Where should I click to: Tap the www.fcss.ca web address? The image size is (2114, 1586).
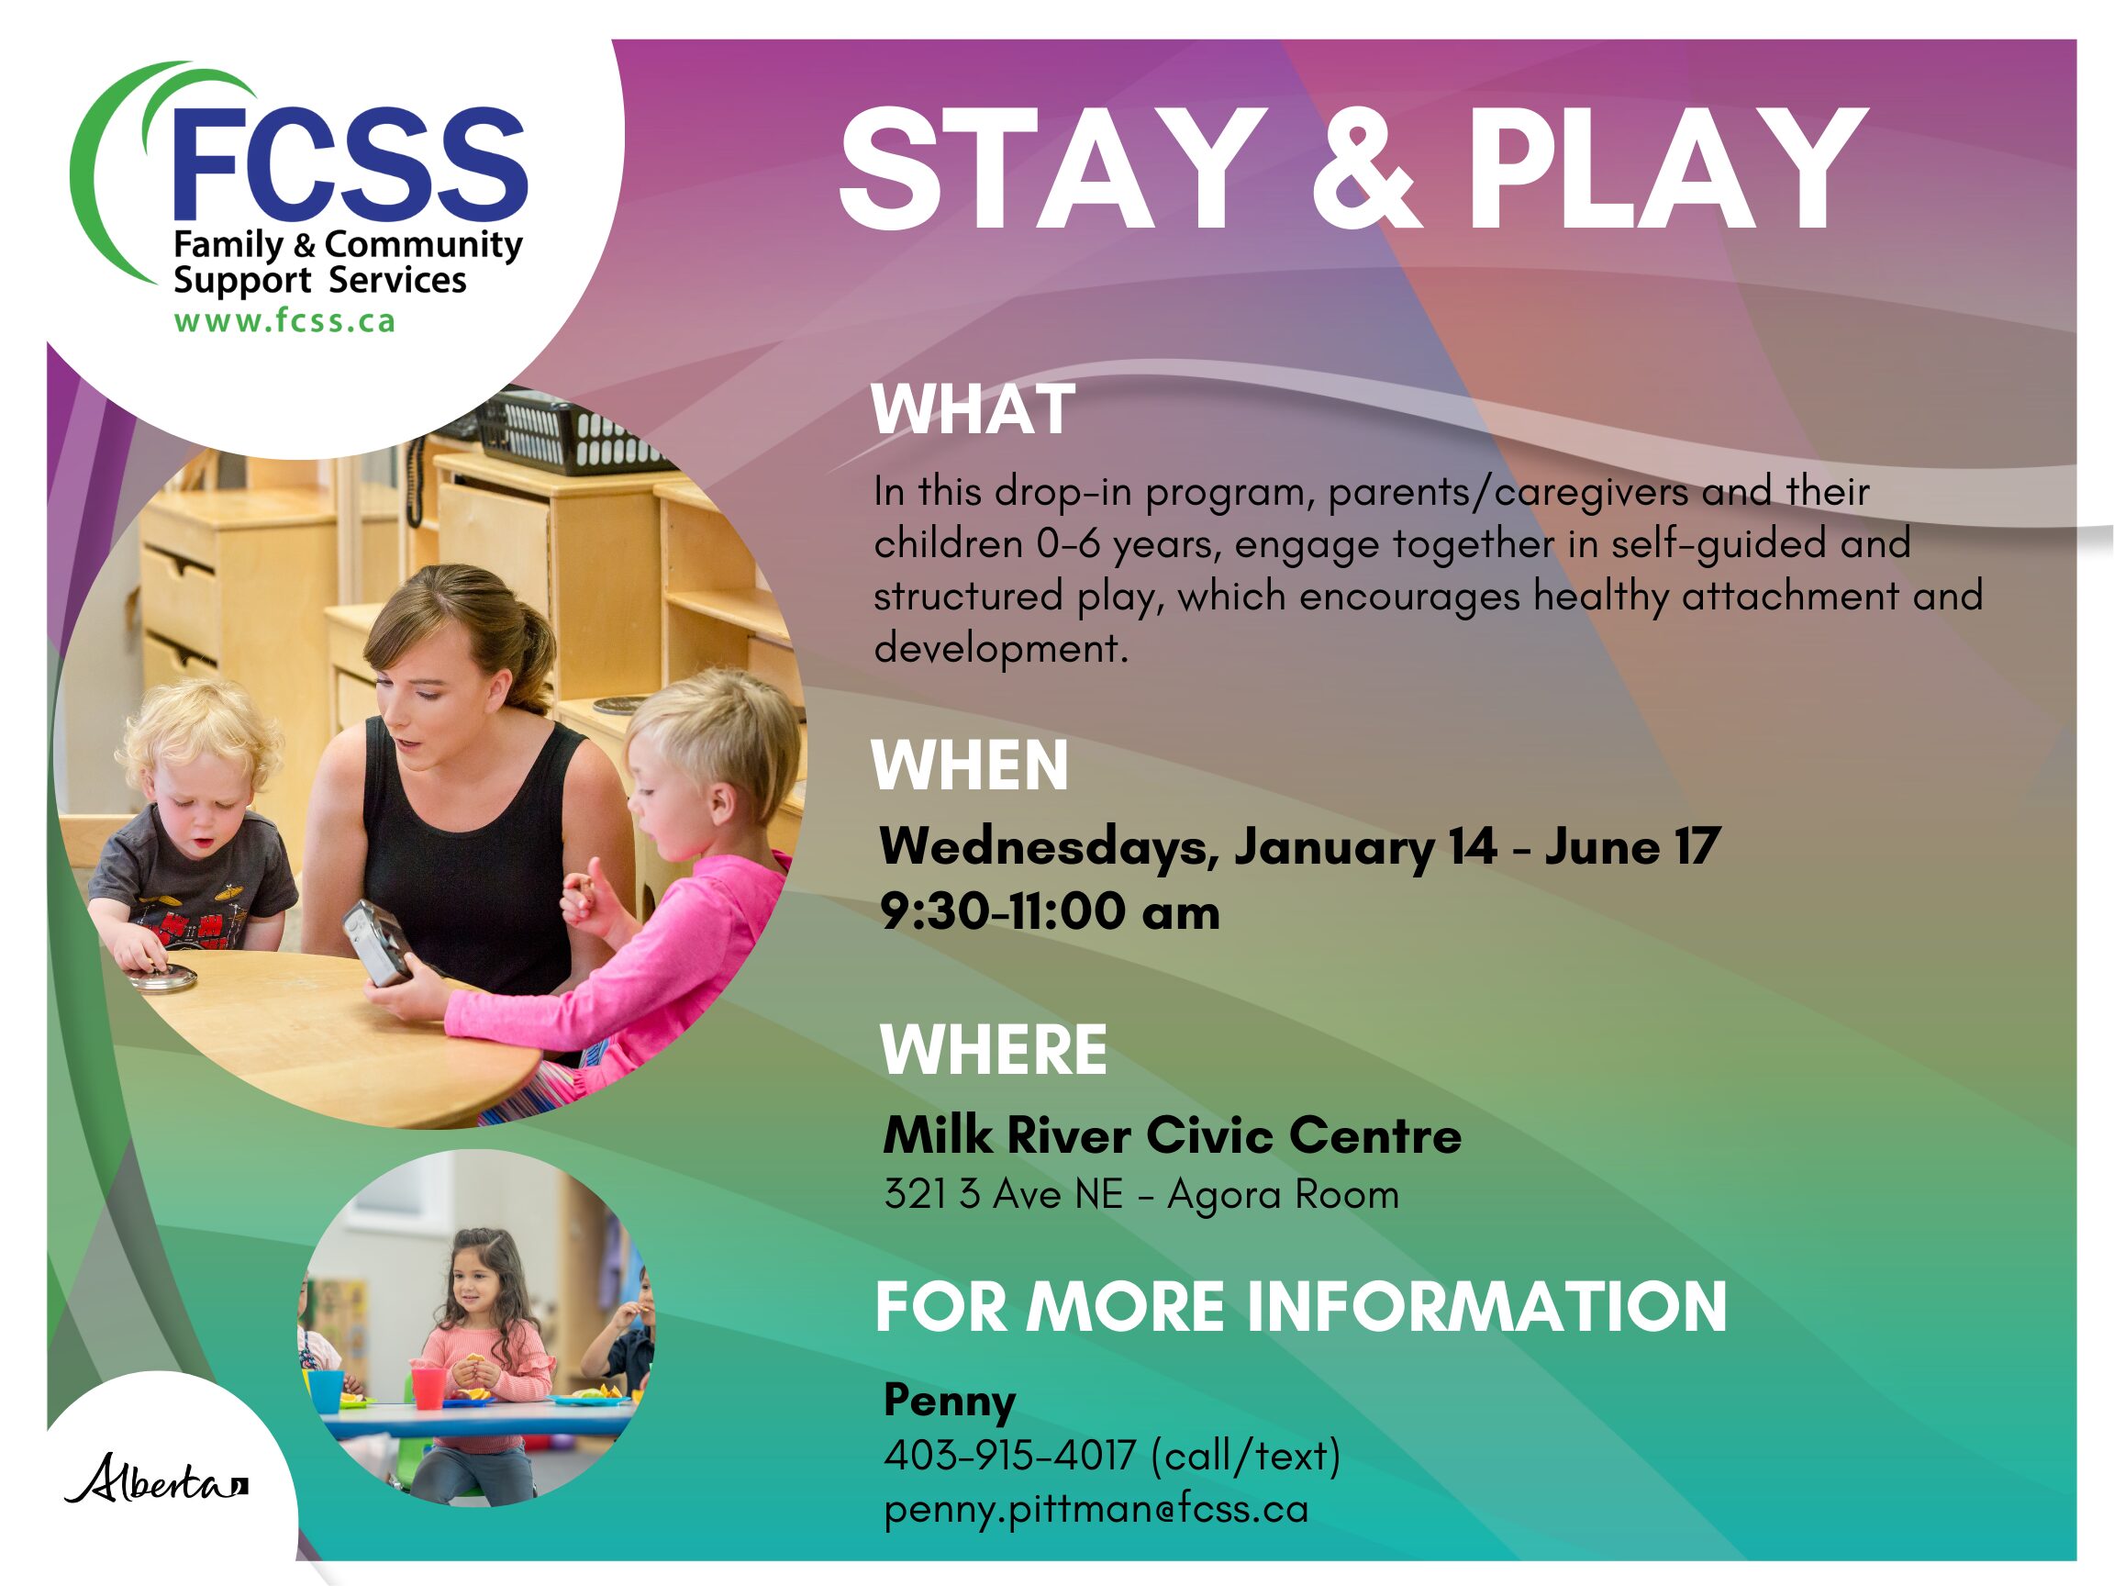284,320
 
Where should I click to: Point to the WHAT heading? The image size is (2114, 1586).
973,409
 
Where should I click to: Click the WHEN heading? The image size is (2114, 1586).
969,765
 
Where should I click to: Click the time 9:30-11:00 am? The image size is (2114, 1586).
1050,911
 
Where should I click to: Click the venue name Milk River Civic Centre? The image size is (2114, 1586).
1172,1134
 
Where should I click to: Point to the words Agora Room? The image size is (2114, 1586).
1283,1195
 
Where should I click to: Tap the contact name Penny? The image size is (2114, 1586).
949,1401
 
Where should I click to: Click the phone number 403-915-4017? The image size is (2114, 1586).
1009,1455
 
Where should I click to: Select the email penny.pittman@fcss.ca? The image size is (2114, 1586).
1096,1509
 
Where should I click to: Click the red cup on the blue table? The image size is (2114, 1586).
428,1386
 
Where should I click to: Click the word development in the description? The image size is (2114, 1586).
1001,649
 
